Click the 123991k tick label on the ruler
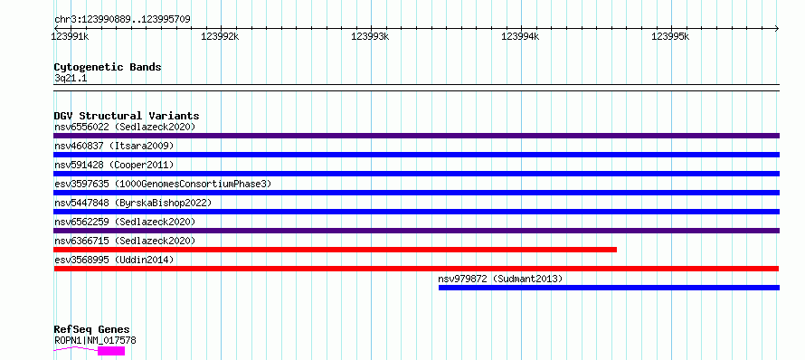coord(70,36)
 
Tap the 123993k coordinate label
coord(370,36)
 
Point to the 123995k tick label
coord(670,36)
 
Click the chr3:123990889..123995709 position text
coord(122,20)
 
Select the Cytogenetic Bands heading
coord(108,67)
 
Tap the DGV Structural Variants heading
coord(127,116)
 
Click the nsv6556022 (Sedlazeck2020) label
coord(125,127)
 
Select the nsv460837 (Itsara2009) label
coord(114,146)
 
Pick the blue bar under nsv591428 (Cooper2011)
coord(416,174)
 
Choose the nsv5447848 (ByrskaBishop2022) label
coord(132,203)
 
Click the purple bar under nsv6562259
coord(416,231)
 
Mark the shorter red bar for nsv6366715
coord(336,250)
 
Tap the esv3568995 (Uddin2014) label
coord(114,260)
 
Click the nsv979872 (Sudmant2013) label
coord(500,279)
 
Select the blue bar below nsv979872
coord(609,288)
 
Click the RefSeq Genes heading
coord(92,330)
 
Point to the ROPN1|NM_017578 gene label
coord(95,340)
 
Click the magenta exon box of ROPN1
coord(111,351)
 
